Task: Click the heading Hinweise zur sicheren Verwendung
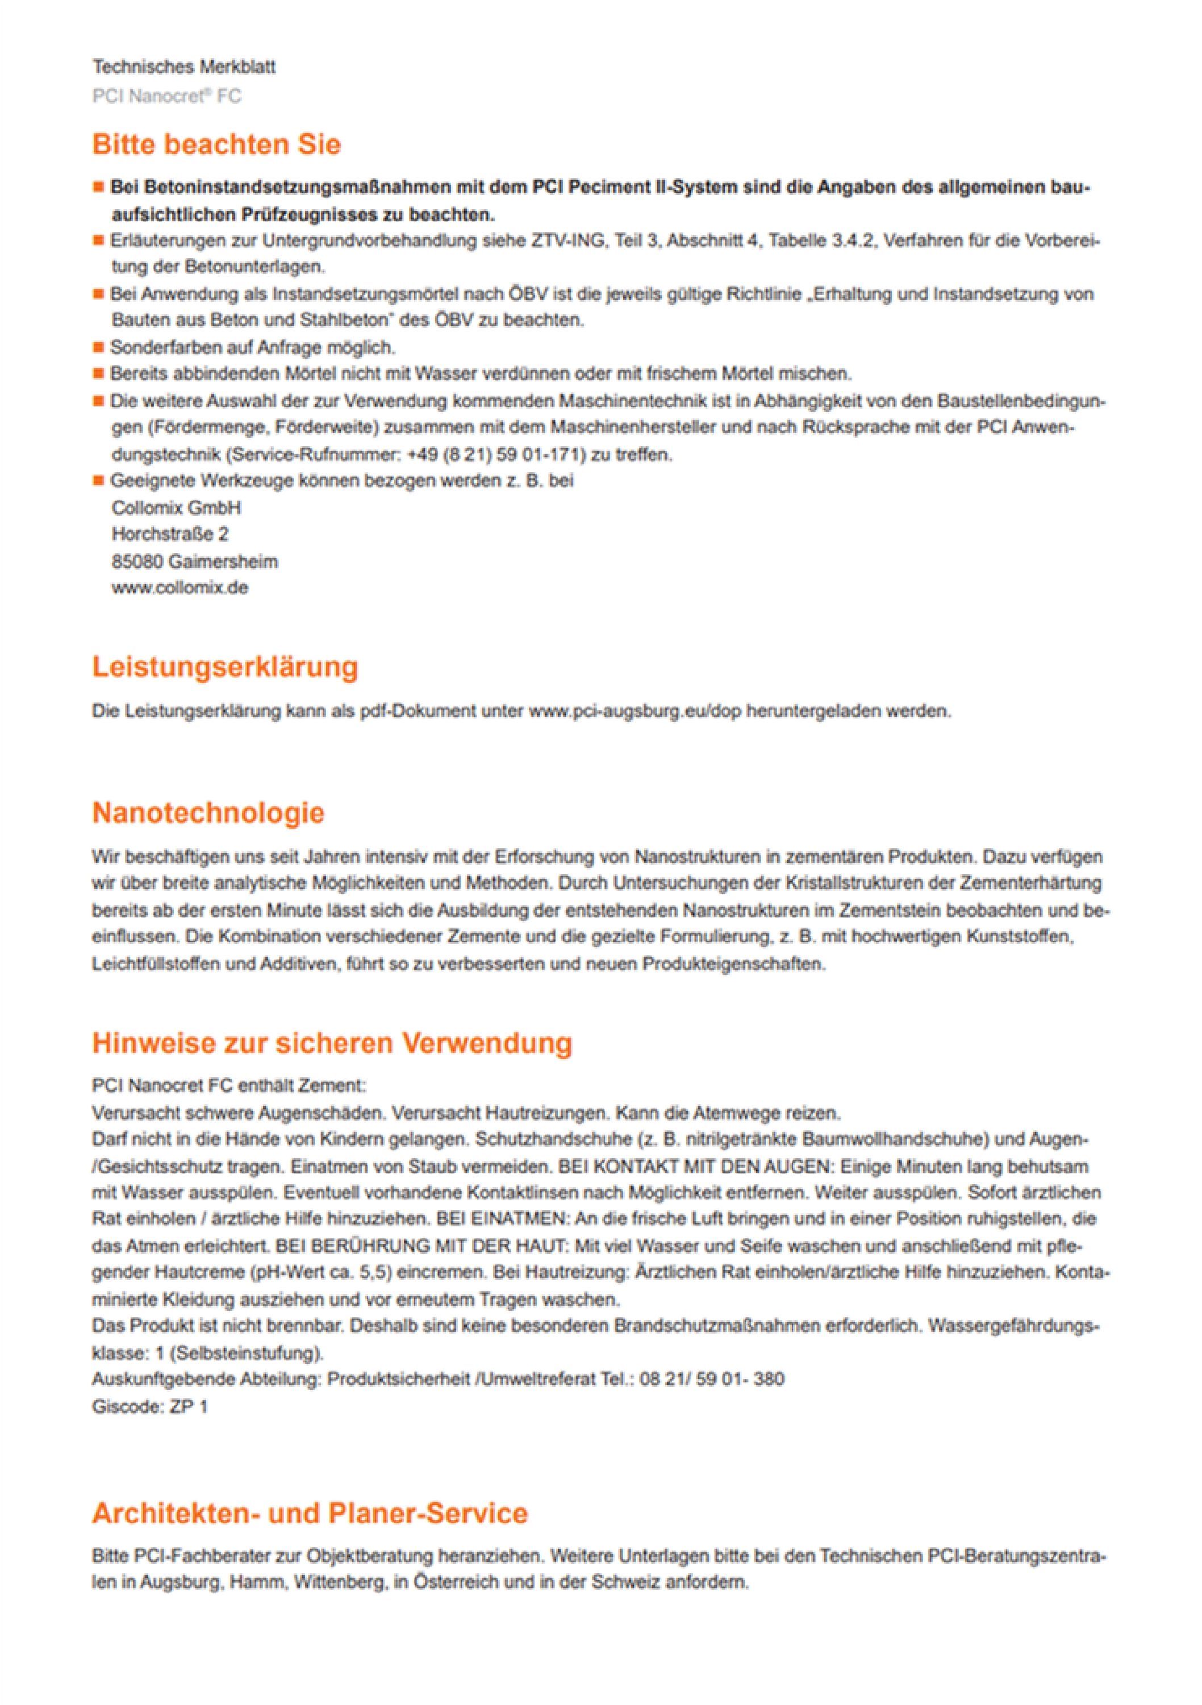[x=332, y=1043]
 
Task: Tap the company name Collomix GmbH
[x=176, y=508]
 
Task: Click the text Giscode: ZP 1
[x=150, y=1407]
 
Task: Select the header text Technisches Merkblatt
[x=184, y=68]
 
